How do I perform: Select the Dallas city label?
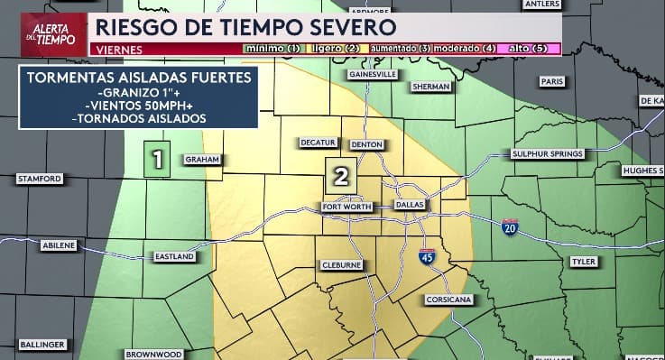point(410,206)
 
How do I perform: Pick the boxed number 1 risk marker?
point(158,160)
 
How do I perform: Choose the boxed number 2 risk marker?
point(341,176)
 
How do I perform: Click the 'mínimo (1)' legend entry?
point(272,48)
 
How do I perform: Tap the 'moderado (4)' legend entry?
point(465,48)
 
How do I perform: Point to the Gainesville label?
point(366,76)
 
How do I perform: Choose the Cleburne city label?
point(342,265)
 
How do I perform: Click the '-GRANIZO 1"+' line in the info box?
point(138,93)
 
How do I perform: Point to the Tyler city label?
point(584,262)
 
